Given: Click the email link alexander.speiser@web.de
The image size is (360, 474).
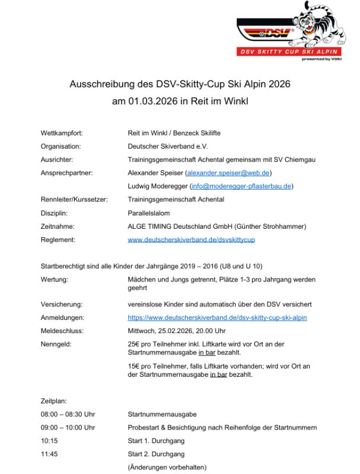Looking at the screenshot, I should [x=228, y=172].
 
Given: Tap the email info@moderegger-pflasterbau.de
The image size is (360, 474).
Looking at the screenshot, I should [x=241, y=186].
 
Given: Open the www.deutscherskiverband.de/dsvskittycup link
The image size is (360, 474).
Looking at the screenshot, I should [x=191, y=239].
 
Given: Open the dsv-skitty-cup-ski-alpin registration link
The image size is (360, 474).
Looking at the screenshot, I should [x=217, y=318].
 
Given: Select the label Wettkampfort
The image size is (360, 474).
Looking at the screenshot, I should [x=61, y=133].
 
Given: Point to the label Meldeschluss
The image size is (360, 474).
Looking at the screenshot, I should [x=62, y=331].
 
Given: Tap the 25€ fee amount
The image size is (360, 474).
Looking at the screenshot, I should [x=134, y=344].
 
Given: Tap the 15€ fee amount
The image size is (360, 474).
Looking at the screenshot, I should [x=134, y=366].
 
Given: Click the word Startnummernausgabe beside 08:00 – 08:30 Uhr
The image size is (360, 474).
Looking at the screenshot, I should [x=162, y=414].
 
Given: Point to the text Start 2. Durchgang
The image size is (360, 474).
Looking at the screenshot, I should [x=156, y=454].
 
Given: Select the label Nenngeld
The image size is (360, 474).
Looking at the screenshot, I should [x=58, y=344].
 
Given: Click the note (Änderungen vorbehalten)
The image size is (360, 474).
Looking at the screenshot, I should [x=167, y=467].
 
